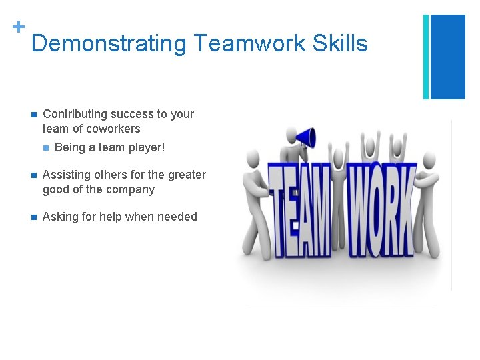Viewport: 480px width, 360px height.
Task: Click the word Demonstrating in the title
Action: click(109, 44)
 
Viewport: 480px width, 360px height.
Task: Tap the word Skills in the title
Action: click(338, 44)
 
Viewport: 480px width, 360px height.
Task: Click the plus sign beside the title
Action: click(18, 27)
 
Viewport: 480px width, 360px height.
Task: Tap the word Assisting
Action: click(66, 175)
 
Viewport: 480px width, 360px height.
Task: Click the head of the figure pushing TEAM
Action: click(253, 159)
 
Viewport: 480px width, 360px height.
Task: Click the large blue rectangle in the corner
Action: click(447, 57)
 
